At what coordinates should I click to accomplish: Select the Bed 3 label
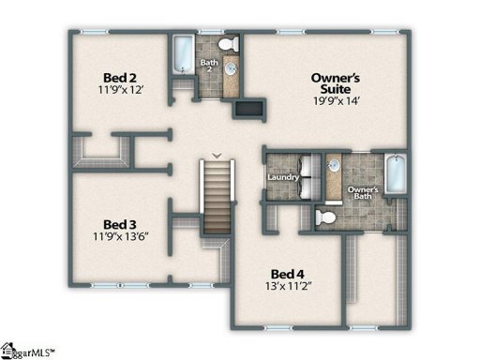[121, 224]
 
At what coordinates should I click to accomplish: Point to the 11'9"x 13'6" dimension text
[121, 238]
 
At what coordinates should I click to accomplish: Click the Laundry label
[282, 176]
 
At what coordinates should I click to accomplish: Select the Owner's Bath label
[364, 193]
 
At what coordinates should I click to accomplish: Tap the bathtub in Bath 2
[180, 56]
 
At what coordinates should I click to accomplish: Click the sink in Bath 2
[228, 75]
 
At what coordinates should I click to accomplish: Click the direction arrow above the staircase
[217, 155]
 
